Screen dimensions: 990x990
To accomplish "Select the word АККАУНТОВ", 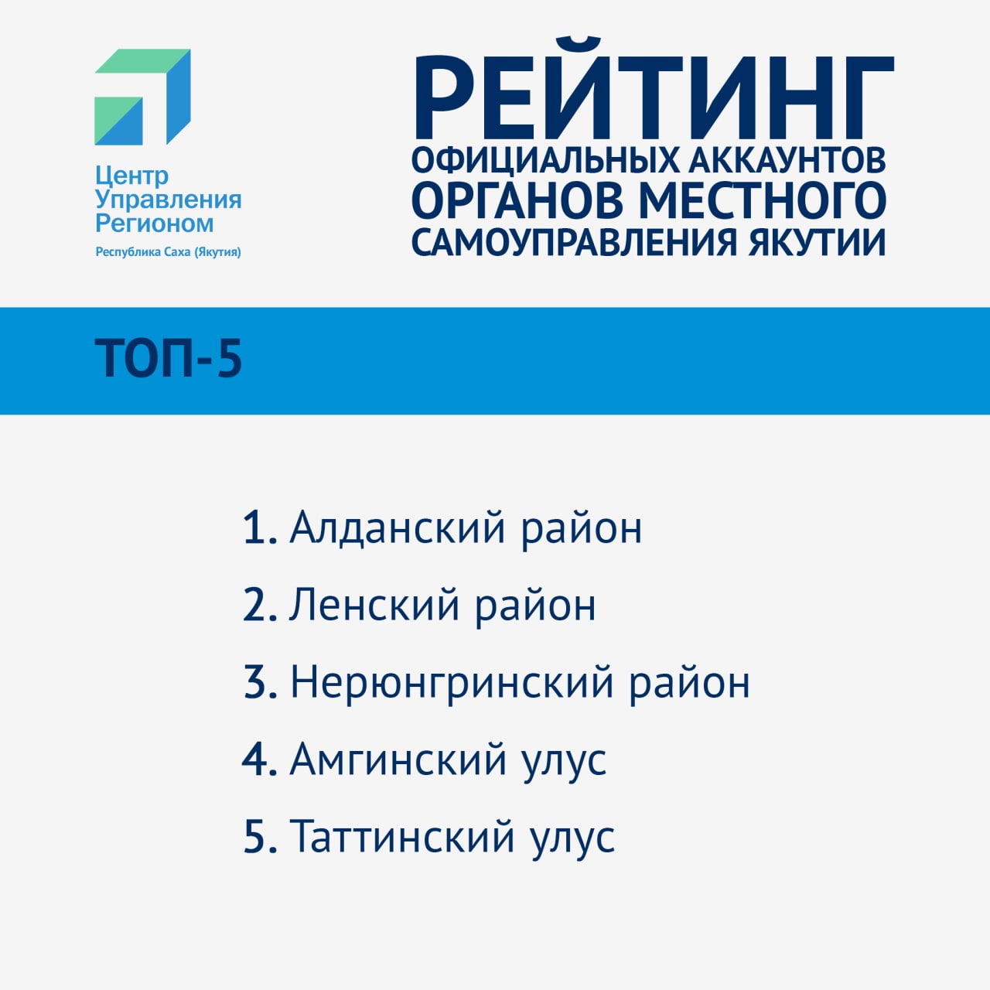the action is tap(787, 160).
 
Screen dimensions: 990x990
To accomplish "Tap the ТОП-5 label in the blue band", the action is tap(168, 358).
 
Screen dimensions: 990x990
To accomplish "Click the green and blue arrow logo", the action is tap(143, 97).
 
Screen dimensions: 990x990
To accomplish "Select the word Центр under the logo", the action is tap(132, 177).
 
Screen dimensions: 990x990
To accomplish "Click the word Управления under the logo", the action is tap(169, 200).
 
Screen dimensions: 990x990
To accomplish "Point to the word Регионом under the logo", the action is tap(155, 224).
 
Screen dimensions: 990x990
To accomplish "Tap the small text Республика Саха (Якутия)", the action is tap(169, 252).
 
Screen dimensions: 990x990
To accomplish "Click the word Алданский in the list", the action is tap(398, 527).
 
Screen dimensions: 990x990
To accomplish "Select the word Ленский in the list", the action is tap(374, 606).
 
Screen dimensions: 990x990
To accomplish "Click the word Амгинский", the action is tap(398, 760).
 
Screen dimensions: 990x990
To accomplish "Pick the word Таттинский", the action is tap(402, 837).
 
